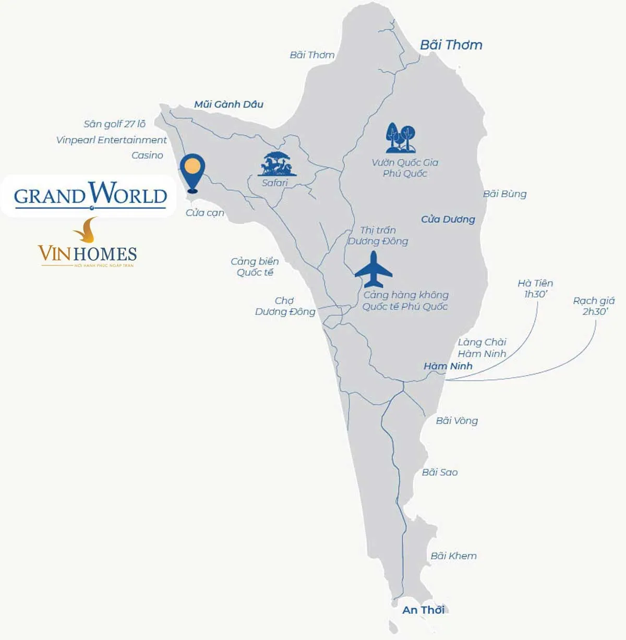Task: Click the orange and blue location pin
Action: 192,171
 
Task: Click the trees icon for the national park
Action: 401,138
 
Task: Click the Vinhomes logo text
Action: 87,254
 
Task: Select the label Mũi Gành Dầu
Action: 228,104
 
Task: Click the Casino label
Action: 147,155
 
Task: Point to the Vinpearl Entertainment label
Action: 111,140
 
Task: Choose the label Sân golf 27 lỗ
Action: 114,124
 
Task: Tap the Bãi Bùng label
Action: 504,194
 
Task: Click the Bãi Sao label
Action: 439,473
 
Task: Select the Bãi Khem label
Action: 453,556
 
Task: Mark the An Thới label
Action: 423,610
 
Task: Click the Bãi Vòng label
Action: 456,421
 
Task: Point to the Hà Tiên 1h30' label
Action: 535,288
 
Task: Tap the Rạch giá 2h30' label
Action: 594,306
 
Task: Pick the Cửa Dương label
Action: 448,220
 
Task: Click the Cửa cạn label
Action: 204,213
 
